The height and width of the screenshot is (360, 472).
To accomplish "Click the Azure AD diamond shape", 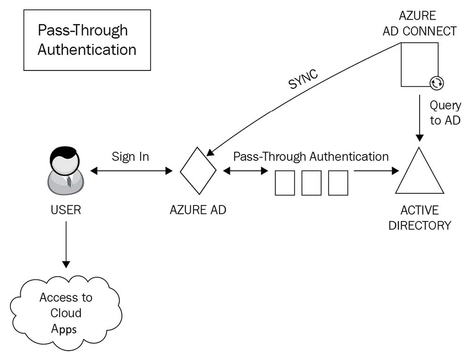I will coord(198,171).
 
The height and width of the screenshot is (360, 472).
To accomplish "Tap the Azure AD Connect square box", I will coord(418,64).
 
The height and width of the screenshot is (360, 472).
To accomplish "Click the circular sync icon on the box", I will coord(437,84).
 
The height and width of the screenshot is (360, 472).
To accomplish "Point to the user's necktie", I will coord(69,181).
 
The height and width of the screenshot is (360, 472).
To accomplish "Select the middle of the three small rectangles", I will coord(312,183).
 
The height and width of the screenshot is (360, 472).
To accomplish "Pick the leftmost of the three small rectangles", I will coord(285,183).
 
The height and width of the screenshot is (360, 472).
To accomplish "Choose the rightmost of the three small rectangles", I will coord(338,183).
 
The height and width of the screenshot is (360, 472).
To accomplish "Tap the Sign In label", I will coord(130,157).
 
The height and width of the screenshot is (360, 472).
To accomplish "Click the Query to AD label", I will coord(445,113).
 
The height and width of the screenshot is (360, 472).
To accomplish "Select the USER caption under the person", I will coord(66,210).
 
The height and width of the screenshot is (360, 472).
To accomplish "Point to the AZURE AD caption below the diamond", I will coord(198,210).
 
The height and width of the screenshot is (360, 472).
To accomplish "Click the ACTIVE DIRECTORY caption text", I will coord(420,218).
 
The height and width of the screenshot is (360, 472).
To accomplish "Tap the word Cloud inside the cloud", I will coord(66,313).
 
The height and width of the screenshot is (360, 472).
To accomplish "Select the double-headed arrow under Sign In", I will coord(131,171).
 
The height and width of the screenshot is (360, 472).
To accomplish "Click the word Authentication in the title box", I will coord(87,50).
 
